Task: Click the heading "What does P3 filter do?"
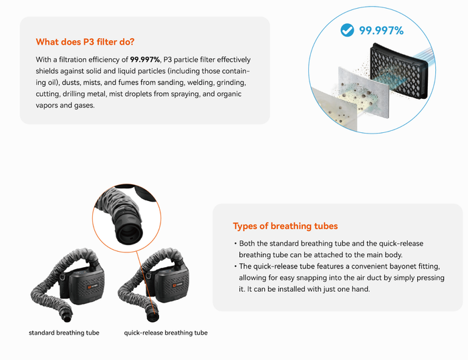click(x=85, y=42)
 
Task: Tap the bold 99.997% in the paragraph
click(x=145, y=59)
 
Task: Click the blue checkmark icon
click(x=347, y=30)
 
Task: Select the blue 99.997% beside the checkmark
click(x=381, y=31)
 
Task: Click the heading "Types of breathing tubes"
click(x=285, y=226)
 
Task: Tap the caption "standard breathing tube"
click(x=64, y=333)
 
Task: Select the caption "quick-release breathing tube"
click(x=166, y=333)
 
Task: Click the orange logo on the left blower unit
click(x=89, y=287)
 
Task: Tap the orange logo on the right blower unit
click(x=174, y=285)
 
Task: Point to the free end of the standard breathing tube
click(x=68, y=318)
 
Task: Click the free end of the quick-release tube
click(x=153, y=317)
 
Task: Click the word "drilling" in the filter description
click(x=74, y=94)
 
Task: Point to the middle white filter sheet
click(x=364, y=92)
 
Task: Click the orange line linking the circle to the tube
click(x=145, y=281)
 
